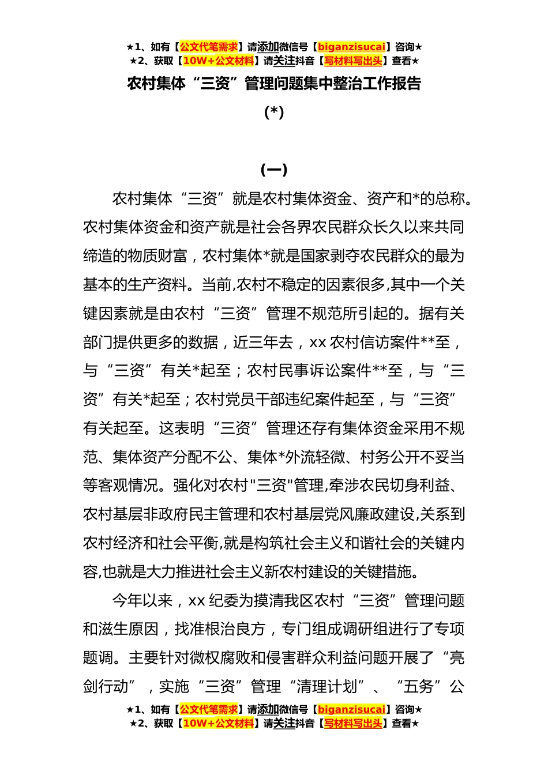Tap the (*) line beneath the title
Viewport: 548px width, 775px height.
(274, 112)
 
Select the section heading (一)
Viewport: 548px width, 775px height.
(274, 170)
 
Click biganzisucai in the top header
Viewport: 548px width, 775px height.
(351, 47)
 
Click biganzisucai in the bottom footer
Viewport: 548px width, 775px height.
(351, 709)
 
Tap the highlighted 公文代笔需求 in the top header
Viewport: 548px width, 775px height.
(209, 47)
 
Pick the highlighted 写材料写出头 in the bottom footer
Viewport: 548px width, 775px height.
(353, 723)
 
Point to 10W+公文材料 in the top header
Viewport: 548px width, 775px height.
(218, 61)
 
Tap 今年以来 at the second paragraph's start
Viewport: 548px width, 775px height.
(142, 601)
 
